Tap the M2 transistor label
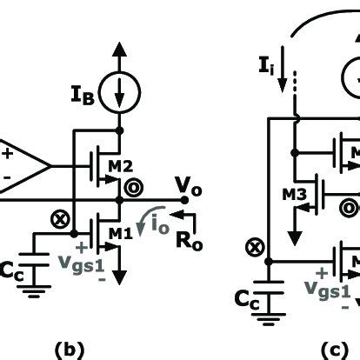(121, 166)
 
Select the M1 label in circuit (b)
(121, 233)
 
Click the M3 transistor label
(294, 195)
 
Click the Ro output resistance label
(190, 242)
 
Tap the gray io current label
(160, 224)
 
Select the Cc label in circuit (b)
(11, 271)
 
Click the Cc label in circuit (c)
(247, 300)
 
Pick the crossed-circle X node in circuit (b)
(60, 219)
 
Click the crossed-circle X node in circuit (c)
(255, 248)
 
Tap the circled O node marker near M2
(134, 188)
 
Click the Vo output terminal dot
(184, 200)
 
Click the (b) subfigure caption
(69, 350)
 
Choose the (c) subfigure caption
(336, 350)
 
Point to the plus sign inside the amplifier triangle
(9, 154)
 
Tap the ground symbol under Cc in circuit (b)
(34, 291)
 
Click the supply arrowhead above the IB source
(119, 50)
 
